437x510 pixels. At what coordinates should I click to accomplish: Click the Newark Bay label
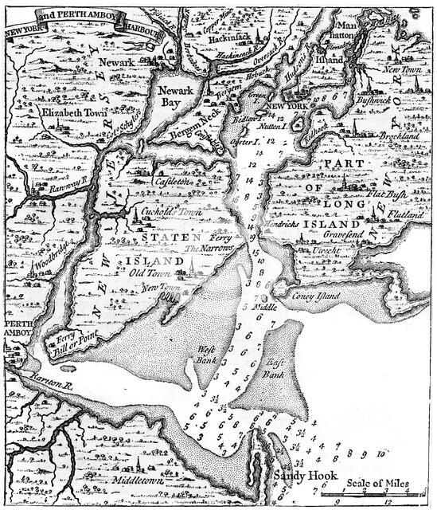point(174,97)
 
